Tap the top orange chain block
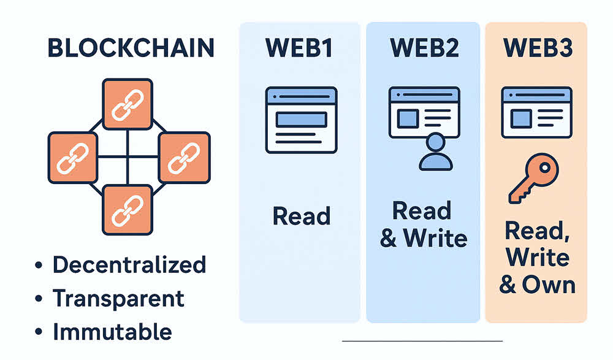(128, 104)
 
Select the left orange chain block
(72, 157)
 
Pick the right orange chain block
(185, 157)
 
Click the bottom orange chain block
(128, 210)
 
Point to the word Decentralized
(129, 265)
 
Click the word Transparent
(118, 299)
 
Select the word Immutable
(112, 332)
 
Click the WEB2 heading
(424, 49)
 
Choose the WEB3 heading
(536, 49)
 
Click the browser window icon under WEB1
(301, 120)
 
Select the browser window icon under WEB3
(536, 112)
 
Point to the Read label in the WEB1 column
(301, 216)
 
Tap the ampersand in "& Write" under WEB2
(388, 238)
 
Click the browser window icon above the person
(424, 112)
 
